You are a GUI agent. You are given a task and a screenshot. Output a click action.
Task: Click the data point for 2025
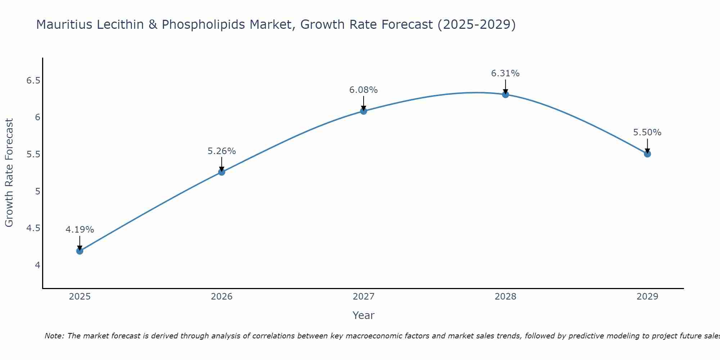80,251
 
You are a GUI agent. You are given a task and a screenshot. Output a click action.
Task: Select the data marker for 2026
221,172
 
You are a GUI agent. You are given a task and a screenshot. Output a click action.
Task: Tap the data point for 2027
364,111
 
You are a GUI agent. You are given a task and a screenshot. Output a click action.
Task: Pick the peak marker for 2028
505,95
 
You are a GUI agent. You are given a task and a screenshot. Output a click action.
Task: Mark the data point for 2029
647,154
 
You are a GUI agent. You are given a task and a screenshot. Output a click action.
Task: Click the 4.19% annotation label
80,230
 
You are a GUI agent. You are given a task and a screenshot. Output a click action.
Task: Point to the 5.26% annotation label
221,151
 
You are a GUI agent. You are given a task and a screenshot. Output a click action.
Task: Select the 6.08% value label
364,90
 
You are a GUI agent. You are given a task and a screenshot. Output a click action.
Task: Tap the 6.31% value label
505,73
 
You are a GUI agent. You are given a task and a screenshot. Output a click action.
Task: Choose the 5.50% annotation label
647,132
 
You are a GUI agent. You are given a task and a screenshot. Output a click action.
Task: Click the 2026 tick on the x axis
221,297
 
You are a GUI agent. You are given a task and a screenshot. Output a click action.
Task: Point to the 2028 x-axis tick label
505,297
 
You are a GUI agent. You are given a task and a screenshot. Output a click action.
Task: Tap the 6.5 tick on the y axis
33,80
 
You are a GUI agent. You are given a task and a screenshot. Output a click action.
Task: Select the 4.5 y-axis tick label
33,228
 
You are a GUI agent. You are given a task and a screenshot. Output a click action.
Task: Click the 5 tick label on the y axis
37,191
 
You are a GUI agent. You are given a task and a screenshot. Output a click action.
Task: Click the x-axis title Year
363,315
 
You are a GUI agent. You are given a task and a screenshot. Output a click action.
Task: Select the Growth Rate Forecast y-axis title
9,173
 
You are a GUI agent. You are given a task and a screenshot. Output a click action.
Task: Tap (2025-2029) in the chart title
477,24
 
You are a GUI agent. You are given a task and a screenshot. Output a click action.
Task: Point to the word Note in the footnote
54,336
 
